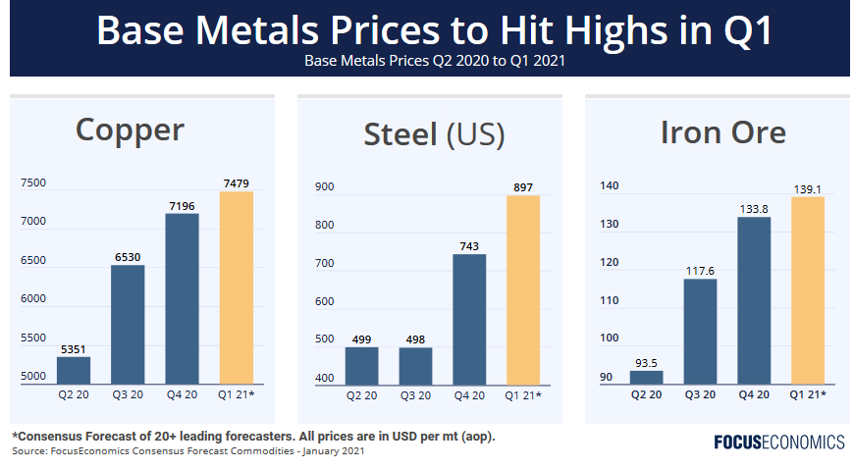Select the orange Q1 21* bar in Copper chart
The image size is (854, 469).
[237, 287]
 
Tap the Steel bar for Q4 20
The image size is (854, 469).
[468, 319]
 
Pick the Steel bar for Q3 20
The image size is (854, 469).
[414, 365]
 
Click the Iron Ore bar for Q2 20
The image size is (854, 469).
[647, 377]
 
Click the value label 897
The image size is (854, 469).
[523, 187]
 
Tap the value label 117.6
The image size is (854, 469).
[701, 271]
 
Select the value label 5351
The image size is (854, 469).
[74, 348]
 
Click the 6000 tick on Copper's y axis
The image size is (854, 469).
[32, 299]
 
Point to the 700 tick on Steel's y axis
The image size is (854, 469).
[324, 264]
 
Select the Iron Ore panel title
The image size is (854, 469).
[722, 132]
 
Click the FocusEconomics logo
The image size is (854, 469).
[778, 442]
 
